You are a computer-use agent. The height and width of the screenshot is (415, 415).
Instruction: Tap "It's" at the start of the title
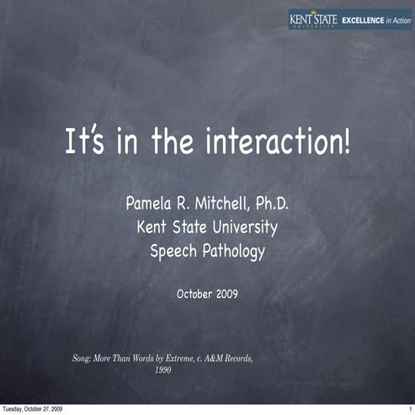pos(84,141)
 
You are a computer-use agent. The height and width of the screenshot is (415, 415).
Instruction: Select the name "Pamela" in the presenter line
pos(152,203)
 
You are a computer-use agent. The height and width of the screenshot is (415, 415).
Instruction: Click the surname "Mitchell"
pos(218,203)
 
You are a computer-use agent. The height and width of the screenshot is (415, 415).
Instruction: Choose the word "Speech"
pos(175,250)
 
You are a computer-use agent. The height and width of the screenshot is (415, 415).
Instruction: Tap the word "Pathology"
pos(235,250)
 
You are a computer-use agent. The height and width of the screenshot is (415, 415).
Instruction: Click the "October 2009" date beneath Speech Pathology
pos(207,294)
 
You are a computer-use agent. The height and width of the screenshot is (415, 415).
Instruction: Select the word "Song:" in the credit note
pos(85,358)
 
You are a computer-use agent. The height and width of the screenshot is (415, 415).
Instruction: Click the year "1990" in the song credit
pos(165,369)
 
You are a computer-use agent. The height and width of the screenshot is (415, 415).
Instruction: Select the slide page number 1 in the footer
pos(410,408)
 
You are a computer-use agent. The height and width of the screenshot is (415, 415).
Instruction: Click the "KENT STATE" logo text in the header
pos(313,17)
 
